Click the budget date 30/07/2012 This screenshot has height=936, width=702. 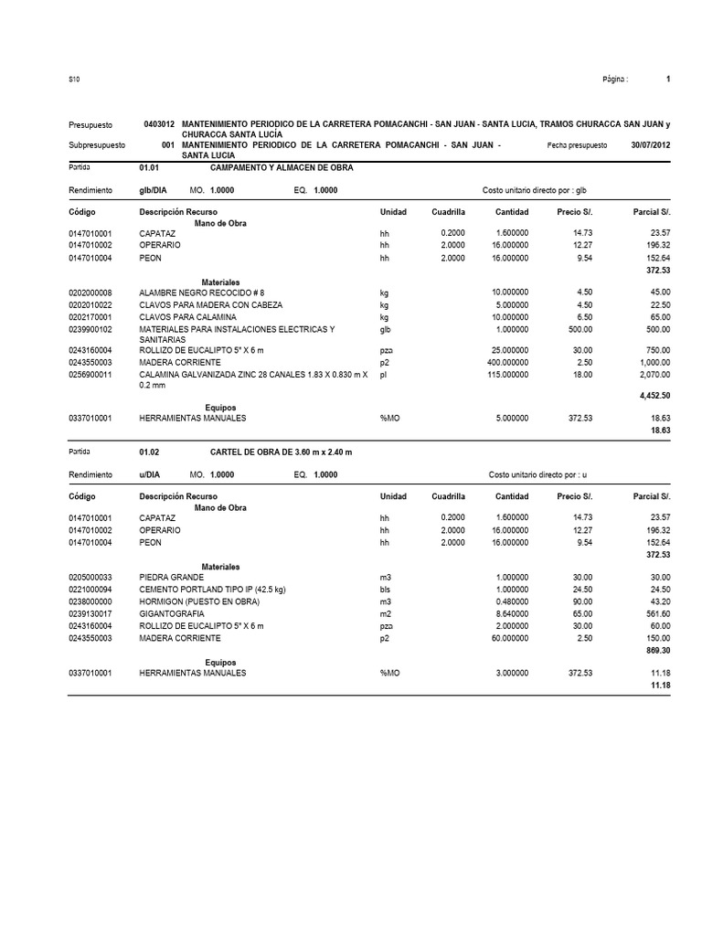(650, 146)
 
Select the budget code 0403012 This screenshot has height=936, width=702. (160, 123)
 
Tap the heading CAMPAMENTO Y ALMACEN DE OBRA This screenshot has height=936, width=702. (281, 168)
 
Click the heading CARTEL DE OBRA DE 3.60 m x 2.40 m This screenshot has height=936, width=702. (281, 452)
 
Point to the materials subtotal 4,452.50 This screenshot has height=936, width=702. (651, 396)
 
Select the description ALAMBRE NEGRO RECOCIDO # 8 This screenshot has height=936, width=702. (201, 292)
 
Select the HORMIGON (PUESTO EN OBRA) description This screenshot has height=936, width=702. (199, 602)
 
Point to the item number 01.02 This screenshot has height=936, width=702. (149, 452)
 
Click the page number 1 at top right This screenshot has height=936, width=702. (668, 80)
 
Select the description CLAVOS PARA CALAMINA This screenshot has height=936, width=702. (187, 316)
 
